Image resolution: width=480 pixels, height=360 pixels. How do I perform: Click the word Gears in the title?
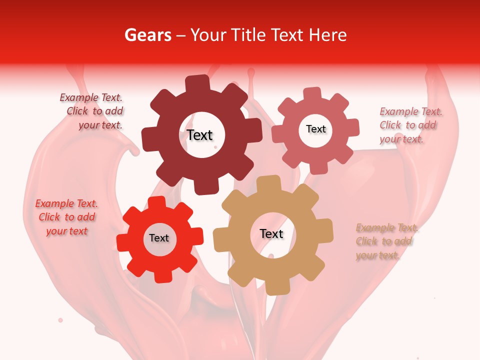[147, 35]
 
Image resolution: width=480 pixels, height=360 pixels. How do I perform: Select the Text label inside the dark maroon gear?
[199, 135]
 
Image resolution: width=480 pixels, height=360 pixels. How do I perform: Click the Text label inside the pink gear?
[315, 129]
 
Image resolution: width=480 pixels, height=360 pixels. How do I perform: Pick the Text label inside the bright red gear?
[159, 238]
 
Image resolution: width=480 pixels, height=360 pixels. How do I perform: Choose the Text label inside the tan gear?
[271, 233]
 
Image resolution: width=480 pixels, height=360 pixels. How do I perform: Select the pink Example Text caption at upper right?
[410, 125]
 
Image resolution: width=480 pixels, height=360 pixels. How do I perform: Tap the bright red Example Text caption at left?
[66, 217]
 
